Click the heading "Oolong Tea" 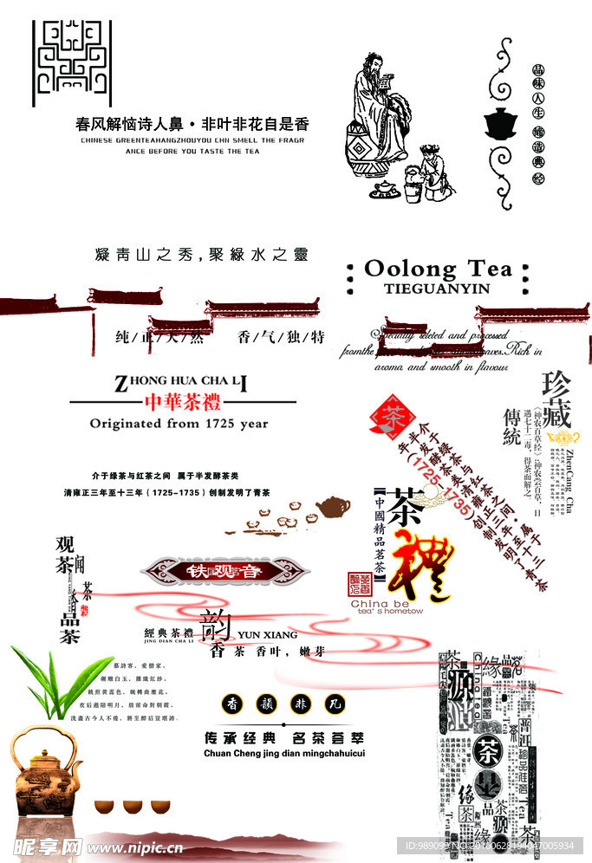438,268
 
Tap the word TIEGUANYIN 436,289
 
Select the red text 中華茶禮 182,403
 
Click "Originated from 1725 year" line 179,424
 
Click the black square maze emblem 72,58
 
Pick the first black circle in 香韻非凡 233,703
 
